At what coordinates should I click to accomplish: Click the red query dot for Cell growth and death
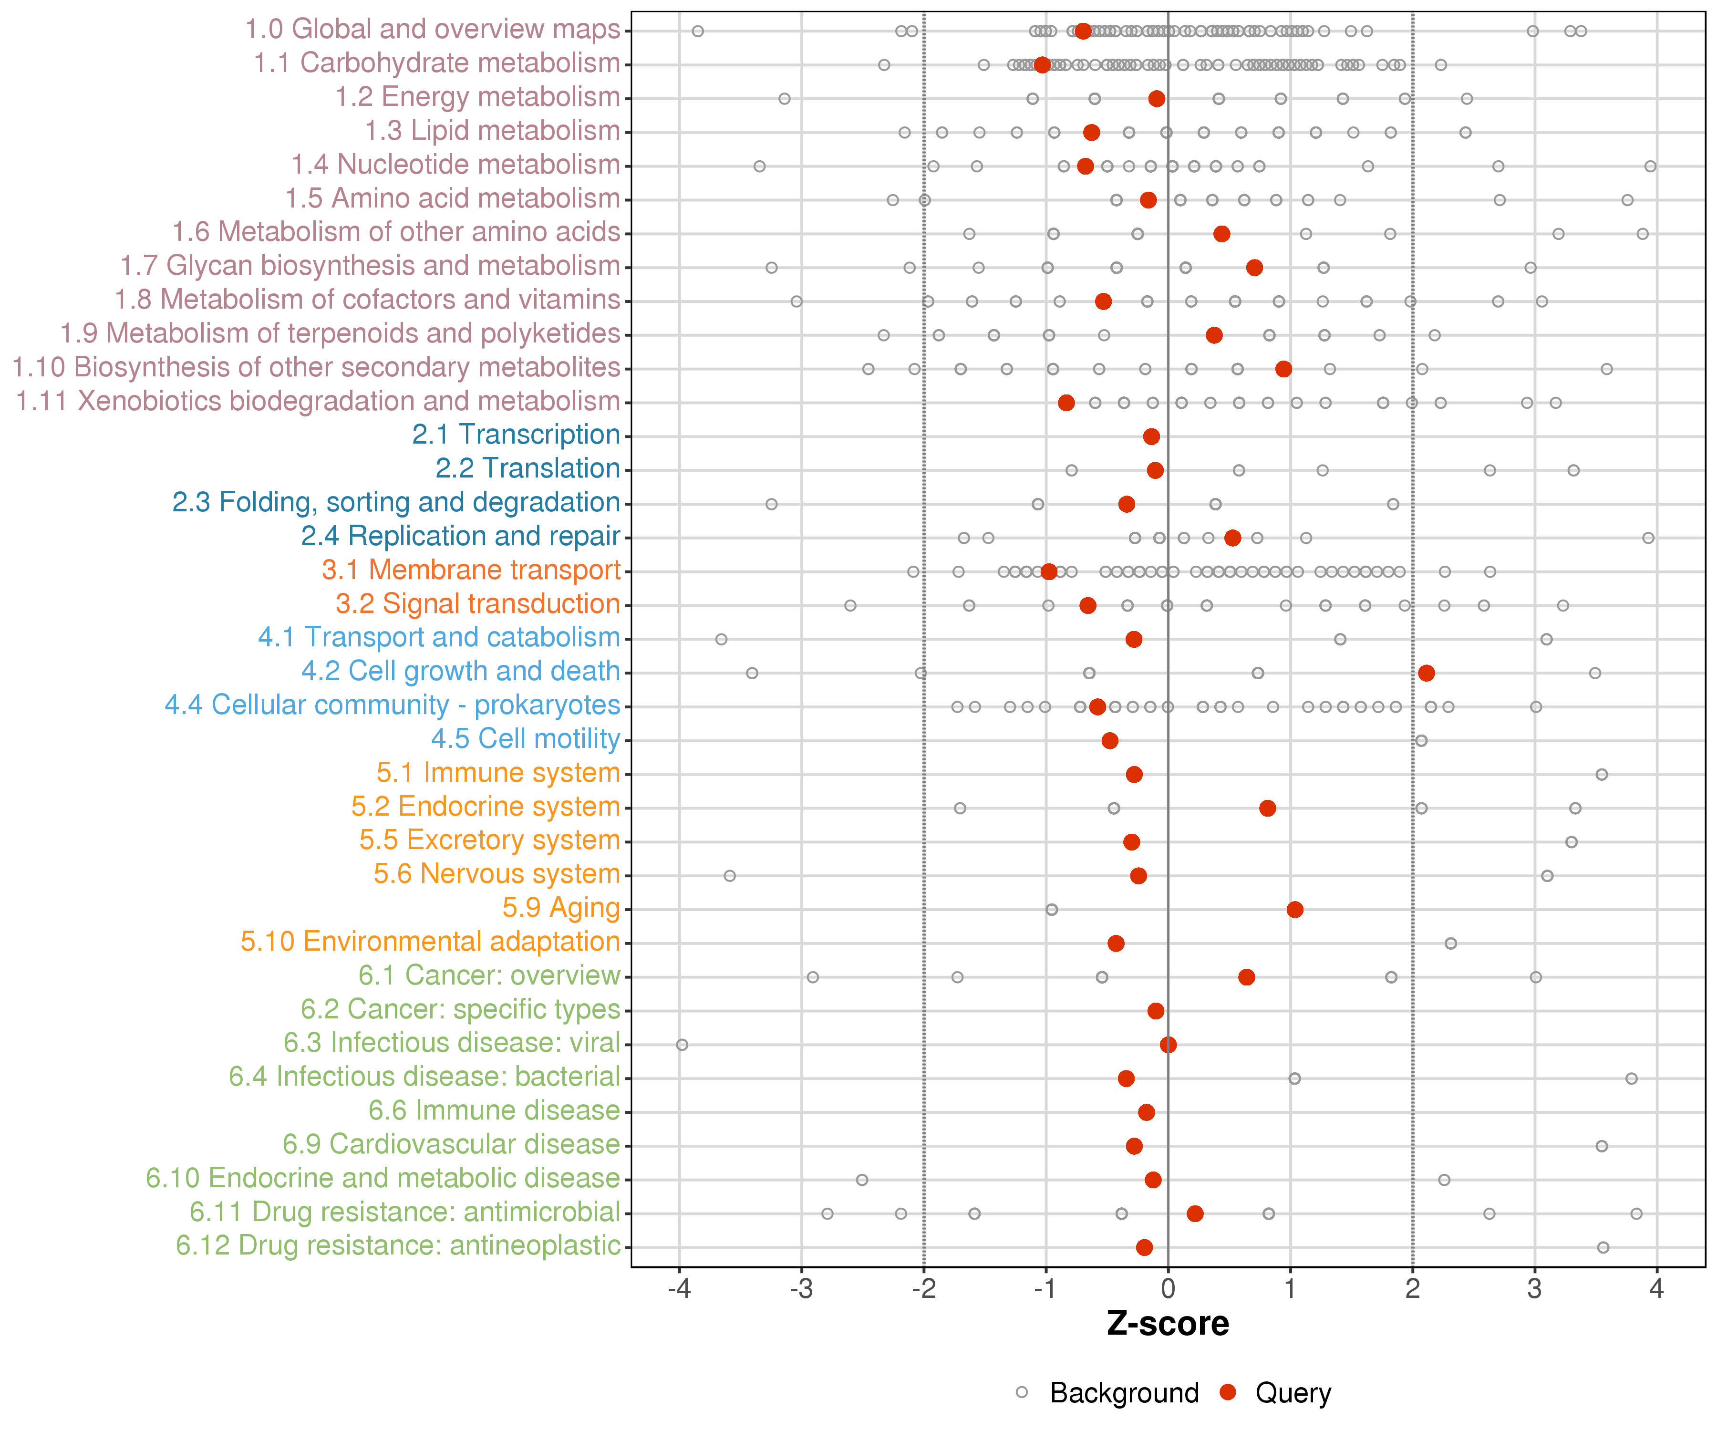[x=1426, y=673]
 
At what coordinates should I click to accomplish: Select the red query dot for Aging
[x=1294, y=909]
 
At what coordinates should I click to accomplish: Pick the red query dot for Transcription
[x=1151, y=436]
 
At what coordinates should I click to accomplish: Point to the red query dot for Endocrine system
[x=1267, y=808]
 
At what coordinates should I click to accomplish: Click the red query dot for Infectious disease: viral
[x=1169, y=1044]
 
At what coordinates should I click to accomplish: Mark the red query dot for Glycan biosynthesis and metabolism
[x=1254, y=268]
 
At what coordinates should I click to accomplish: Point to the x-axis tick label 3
[x=1535, y=1289]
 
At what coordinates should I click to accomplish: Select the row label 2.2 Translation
[x=528, y=468]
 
